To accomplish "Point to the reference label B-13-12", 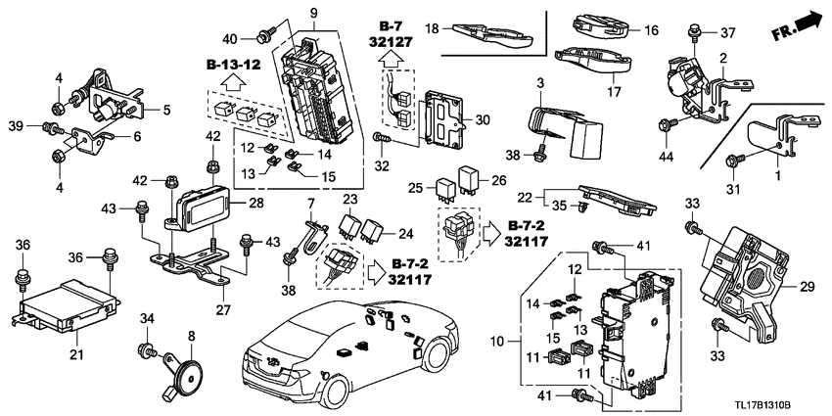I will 234,66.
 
